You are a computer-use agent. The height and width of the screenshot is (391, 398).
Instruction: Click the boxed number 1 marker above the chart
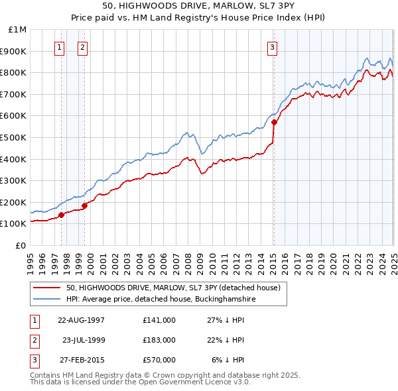pos(60,47)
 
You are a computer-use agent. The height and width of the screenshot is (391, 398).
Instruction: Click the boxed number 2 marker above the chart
pos(82,47)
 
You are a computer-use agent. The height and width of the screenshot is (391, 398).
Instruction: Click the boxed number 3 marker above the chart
pos(273,47)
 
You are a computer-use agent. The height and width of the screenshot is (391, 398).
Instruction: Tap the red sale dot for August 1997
pos(62,215)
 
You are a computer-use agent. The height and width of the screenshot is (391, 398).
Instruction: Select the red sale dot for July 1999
pos(85,205)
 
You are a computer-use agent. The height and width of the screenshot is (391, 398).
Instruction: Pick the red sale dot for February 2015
pos(274,122)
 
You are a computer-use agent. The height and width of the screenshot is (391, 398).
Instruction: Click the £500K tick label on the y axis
pos(14,137)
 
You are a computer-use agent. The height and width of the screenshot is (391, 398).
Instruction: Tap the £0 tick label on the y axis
pos(20,245)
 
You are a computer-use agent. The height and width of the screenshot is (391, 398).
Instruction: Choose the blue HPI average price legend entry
pos(161,300)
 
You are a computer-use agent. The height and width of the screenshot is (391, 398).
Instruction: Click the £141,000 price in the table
pos(159,320)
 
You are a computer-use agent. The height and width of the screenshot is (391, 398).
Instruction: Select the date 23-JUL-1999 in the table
pos(83,340)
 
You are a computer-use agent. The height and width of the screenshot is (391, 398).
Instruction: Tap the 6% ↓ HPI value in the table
pos(228,360)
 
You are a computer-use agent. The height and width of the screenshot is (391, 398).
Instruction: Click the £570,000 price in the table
pos(159,360)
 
